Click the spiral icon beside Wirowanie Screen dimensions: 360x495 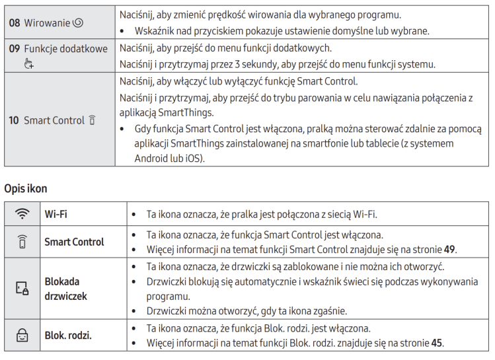[x=78, y=22]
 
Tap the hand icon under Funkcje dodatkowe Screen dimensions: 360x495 [x=28, y=63]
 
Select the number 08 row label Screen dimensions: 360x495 [x=15, y=22]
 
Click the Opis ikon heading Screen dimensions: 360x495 [x=26, y=189]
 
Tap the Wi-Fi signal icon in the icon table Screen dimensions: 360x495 [x=22, y=214]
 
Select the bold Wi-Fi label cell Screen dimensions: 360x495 [x=56, y=215]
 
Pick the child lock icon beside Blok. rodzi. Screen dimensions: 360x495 [x=22, y=335]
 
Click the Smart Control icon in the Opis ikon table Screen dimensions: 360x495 [x=22, y=242]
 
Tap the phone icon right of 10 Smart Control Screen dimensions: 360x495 [x=92, y=120]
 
